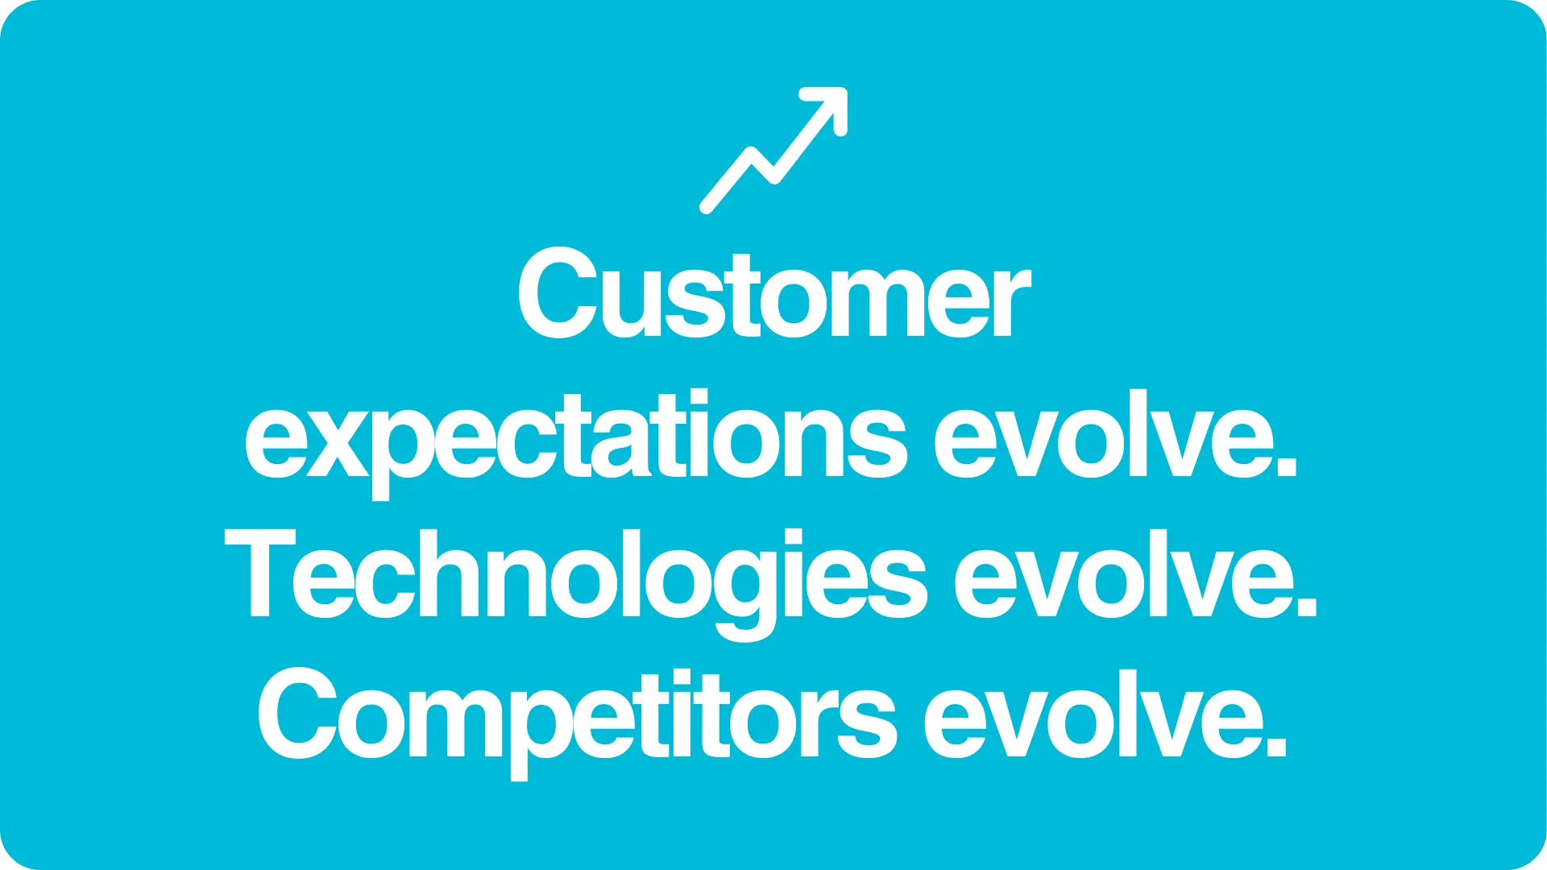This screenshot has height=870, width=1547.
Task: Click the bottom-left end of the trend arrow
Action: click(707, 208)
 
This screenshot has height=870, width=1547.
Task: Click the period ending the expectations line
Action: click(1287, 468)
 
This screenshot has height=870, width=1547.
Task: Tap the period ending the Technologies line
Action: click(1307, 607)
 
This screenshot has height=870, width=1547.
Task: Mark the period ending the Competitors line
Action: click(1276, 747)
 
